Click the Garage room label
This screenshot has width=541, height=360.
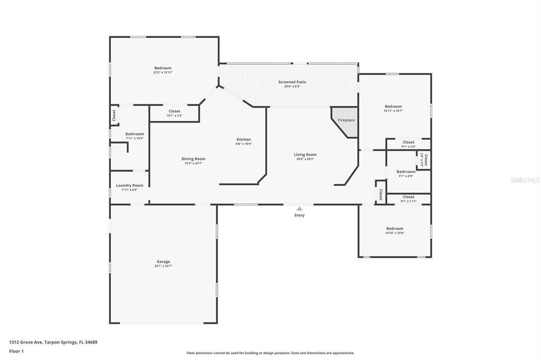coord(163,262)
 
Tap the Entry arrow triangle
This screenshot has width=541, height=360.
coord(300,209)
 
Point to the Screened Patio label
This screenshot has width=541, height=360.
coord(292,82)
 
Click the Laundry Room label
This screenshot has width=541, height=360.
coord(129,185)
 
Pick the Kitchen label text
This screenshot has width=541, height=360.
coord(244,139)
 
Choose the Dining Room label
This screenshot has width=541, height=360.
coord(193,159)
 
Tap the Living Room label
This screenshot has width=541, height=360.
coord(305,155)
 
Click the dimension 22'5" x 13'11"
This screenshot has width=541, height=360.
coord(163,72)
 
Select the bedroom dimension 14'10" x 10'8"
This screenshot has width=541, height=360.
coord(395,233)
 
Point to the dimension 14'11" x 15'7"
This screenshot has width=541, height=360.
coord(393,111)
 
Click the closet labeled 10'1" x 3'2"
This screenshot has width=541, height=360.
coord(174,115)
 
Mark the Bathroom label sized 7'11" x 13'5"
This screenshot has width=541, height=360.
coord(135,138)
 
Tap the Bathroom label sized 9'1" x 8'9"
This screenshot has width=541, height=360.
coord(406,176)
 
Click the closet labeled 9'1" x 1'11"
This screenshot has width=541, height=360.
coord(408,201)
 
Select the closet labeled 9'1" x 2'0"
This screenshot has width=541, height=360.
coord(408,146)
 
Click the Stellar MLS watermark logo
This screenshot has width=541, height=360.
coord(525,180)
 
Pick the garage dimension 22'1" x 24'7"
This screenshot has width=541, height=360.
coord(163,266)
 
